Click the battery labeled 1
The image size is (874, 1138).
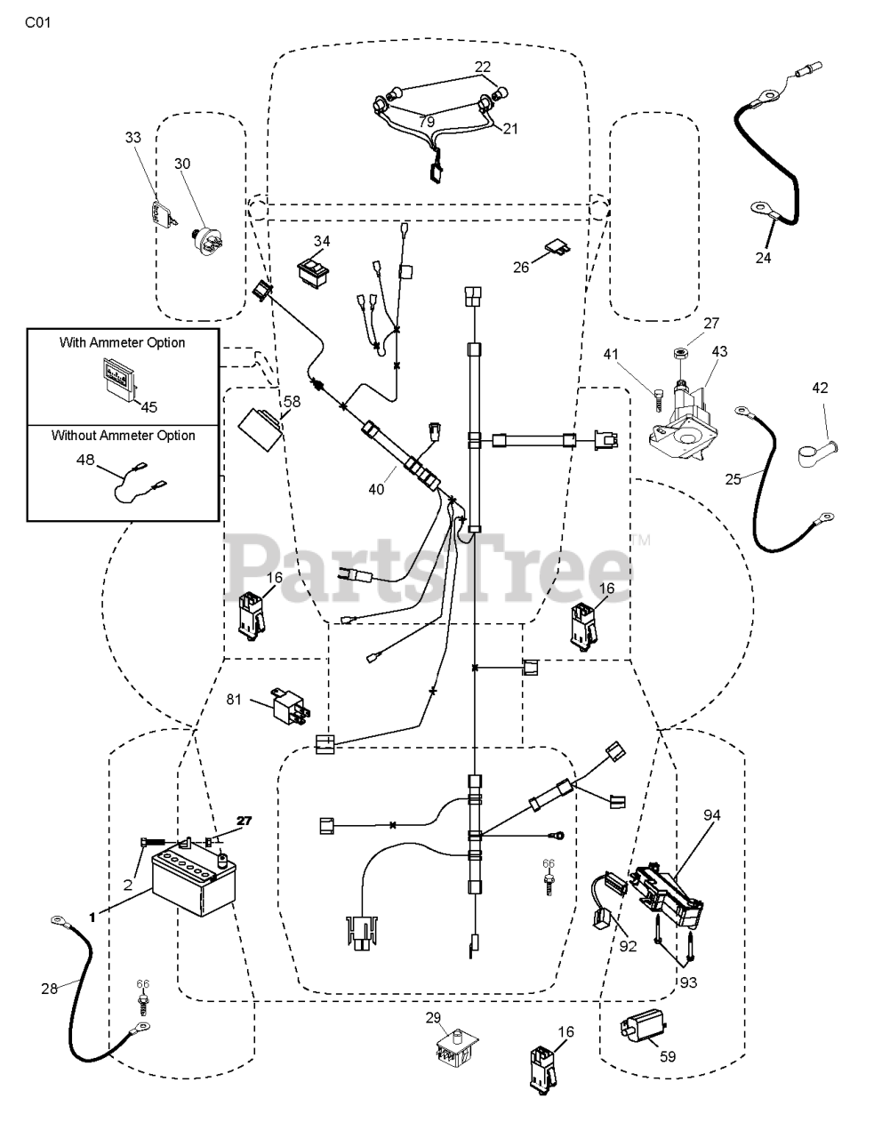coord(191,886)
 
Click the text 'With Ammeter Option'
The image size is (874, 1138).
coord(123,342)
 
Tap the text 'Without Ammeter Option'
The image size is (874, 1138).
coord(123,436)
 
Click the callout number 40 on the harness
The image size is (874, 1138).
coord(376,489)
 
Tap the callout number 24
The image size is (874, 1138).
coord(763,258)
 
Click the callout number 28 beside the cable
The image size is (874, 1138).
coord(49,987)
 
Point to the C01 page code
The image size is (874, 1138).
coord(37,23)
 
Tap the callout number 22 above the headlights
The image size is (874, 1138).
coord(482,67)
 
